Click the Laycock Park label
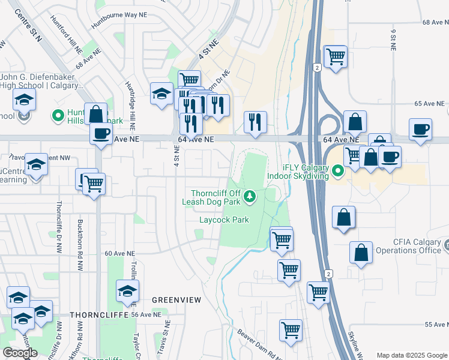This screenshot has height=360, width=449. pos(224,220)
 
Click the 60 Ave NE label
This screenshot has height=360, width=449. pos(118,254)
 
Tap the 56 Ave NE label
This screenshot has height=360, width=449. pos(146,314)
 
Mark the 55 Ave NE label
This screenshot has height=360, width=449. pos(436,325)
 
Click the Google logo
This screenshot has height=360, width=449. pos(20,353)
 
